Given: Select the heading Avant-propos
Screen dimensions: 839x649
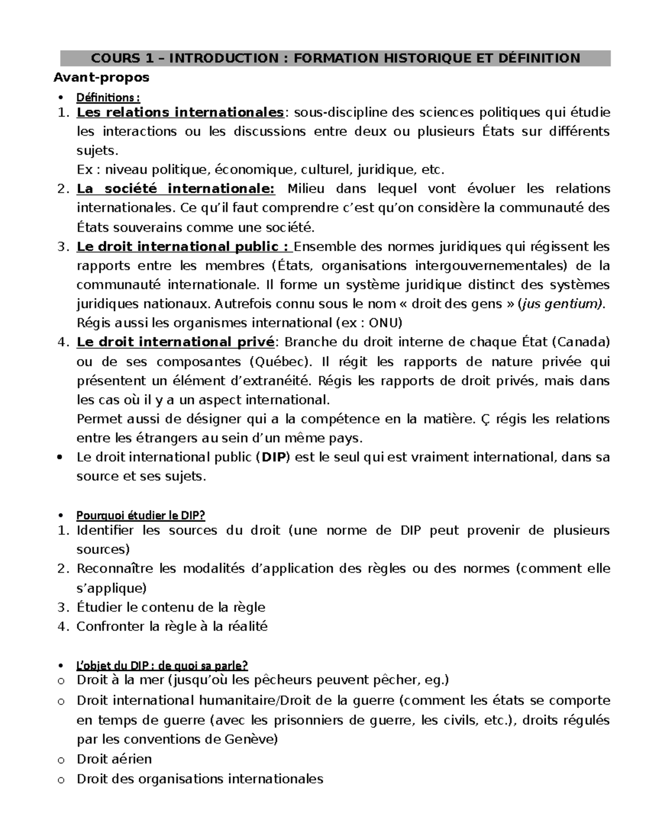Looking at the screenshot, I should click(101, 78).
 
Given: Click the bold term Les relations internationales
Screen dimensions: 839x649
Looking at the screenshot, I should click(180, 112).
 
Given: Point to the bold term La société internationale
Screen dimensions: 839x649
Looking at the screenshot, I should click(176, 189).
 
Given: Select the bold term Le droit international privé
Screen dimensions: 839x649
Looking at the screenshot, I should click(176, 342).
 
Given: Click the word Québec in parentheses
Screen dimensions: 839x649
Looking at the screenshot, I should click(280, 361).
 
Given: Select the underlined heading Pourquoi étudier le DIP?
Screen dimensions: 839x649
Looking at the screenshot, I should click(141, 515).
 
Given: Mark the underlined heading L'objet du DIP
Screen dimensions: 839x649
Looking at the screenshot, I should click(162, 665).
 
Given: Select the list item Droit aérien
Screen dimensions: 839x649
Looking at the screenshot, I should click(114, 759).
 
